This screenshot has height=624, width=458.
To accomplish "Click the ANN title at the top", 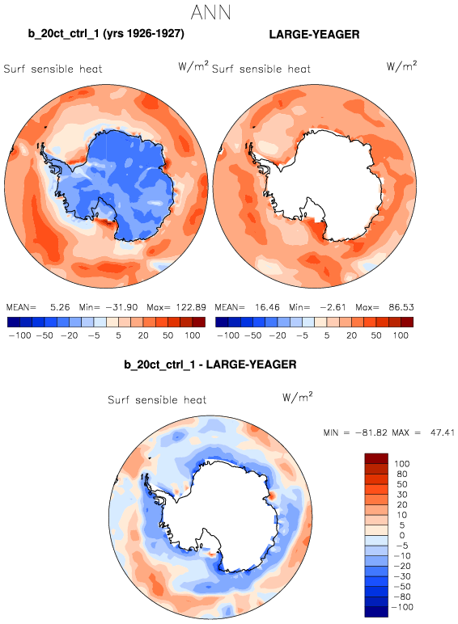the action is [x=210, y=12].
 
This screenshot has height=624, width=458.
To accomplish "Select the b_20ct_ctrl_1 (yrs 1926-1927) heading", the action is [x=106, y=33].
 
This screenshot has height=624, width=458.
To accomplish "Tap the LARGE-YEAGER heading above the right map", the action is [x=314, y=34].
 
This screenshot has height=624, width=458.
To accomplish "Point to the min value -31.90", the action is [x=121, y=307].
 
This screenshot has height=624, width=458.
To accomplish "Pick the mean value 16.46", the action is [x=267, y=307].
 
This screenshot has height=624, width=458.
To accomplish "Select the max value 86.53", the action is [x=401, y=307].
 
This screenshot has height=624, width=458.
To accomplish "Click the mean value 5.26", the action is [x=60, y=307].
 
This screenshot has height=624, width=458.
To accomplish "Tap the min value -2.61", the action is [x=333, y=307].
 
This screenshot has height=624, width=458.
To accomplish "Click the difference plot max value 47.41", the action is [x=443, y=432].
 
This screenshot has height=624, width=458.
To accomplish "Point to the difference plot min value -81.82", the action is [x=371, y=432].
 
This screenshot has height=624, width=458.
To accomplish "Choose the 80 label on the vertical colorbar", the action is [x=402, y=474].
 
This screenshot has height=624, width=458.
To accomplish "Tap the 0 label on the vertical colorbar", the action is [x=402, y=535].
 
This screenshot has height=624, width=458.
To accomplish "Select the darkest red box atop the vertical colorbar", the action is [x=376, y=458].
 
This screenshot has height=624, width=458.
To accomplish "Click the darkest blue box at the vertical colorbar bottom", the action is [x=376, y=612].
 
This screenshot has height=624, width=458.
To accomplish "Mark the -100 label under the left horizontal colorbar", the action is [x=20, y=335].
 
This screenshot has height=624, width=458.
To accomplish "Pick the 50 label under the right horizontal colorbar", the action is [x=376, y=335].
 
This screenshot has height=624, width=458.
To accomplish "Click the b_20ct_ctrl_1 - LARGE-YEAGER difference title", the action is [x=210, y=365].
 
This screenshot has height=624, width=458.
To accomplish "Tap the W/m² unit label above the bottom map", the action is [x=298, y=396].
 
